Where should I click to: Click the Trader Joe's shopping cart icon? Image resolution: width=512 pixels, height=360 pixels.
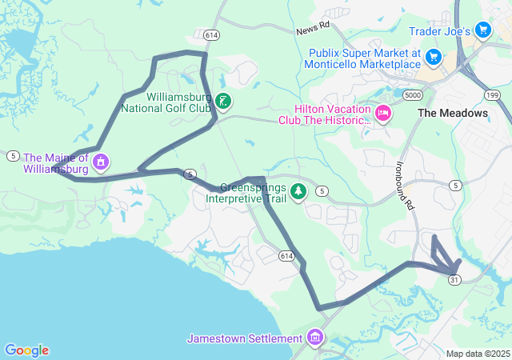(x=482, y=30)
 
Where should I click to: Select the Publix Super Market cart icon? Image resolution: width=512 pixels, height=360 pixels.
(x=433, y=57)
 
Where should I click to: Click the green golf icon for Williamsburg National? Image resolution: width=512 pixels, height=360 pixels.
(x=224, y=101)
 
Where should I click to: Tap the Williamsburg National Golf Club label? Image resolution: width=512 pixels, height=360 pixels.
(x=166, y=101)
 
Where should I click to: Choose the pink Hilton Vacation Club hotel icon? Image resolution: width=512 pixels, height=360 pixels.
(x=382, y=114)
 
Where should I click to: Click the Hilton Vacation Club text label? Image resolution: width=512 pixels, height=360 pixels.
(x=324, y=114)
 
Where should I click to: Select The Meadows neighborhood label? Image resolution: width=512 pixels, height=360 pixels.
(x=453, y=113)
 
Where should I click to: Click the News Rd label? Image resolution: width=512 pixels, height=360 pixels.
(x=312, y=28)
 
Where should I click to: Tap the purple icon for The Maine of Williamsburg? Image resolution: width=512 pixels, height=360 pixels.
(x=101, y=163)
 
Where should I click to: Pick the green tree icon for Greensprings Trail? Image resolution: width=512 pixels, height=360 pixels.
(x=298, y=190)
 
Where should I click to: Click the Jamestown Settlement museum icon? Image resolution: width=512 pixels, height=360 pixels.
(x=315, y=338)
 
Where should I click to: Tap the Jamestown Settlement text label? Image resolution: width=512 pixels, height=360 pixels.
(x=245, y=338)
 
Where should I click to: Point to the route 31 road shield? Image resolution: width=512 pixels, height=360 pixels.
(x=454, y=279)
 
